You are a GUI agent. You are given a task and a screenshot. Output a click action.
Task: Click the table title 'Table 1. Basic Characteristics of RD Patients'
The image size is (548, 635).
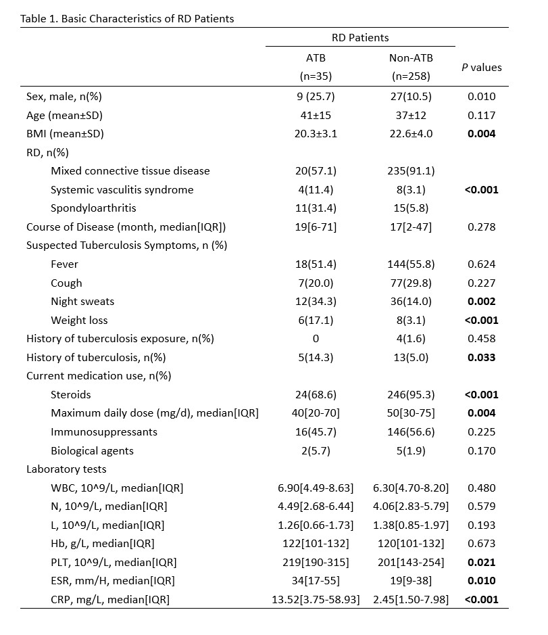point(128,18)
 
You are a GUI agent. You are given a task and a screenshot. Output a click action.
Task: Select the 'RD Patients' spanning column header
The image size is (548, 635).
point(360,38)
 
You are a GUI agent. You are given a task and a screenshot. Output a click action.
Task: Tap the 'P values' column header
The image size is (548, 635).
point(481,67)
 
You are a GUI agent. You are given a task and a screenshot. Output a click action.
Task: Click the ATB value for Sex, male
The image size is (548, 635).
point(316,97)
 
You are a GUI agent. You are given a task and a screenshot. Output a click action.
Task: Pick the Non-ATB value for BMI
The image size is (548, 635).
point(411,134)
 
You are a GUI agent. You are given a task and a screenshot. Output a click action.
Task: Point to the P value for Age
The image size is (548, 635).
point(481,116)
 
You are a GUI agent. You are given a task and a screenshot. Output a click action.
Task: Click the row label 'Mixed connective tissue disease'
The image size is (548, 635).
point(130,171)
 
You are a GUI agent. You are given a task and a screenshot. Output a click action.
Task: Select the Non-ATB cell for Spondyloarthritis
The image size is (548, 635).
point(411,208)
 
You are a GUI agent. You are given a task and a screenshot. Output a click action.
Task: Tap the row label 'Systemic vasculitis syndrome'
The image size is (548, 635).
point(122,190)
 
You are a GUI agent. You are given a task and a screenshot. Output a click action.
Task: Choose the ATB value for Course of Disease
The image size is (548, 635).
point(316,227)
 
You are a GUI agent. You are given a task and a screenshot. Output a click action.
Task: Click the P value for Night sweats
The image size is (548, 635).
point(481,302)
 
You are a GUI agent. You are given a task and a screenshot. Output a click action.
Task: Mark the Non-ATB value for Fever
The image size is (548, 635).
point(411,264)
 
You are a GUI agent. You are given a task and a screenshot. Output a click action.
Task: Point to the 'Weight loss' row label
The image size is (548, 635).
point(79,321)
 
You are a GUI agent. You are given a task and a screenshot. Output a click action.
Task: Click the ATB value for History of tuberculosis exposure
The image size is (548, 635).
point(316,339)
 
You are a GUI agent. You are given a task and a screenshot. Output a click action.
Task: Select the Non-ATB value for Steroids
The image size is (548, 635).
point(411,395)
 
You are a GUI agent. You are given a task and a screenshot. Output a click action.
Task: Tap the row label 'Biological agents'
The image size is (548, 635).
point(92,450)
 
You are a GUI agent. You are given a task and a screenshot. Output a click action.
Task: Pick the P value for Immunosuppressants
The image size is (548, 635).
point(481,432)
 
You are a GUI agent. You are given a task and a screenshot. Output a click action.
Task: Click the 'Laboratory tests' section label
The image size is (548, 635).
point(66,469)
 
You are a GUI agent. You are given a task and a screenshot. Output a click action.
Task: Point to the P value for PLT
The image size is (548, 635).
point(481,562)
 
